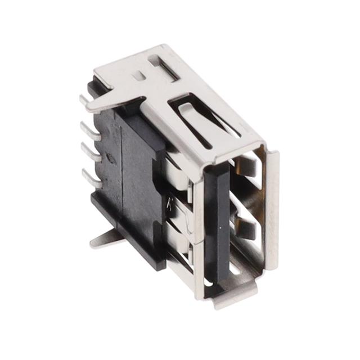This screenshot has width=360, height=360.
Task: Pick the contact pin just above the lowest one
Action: [90, 150]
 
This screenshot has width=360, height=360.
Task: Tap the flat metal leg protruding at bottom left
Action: [103, 239]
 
